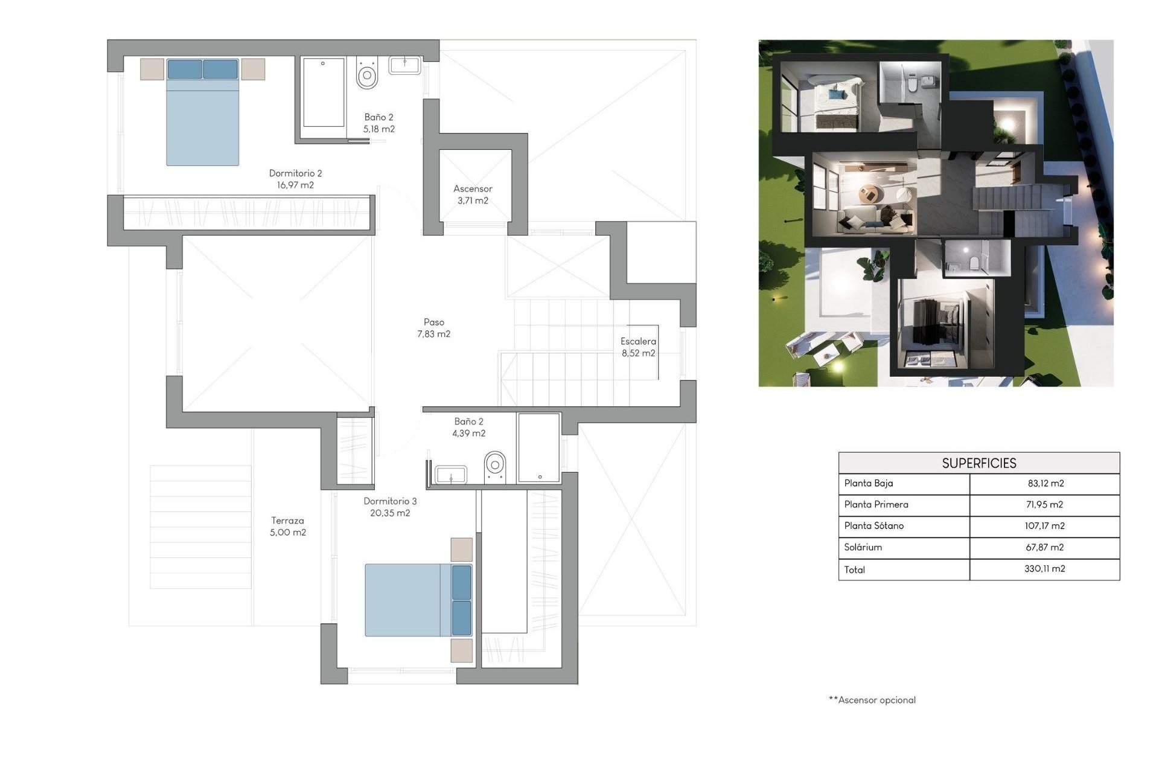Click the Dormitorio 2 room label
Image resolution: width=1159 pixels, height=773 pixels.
[x=295, y=179]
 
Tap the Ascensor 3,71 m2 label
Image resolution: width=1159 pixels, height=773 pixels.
[x=473, y=194]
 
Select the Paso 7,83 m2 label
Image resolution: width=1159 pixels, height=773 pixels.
[x=433, y=328]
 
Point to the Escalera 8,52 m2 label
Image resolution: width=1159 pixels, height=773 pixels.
[x=638, y=347]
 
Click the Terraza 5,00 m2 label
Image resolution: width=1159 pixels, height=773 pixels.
[x=287, y=526]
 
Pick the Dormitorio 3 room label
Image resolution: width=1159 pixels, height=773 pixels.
[x=390, y=507]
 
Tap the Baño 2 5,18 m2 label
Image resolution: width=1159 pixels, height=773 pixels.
[x=378, y=123]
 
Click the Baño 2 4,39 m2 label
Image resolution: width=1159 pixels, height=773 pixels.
[x=468, y=427]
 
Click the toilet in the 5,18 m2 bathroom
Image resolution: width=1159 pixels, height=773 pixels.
[x=366, y=74]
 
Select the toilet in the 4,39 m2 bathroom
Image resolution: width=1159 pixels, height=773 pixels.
[x=495, y=467]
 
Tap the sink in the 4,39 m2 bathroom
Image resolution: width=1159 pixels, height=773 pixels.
[x=450, y=475]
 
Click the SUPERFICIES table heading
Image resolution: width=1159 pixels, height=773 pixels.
[x=979, y=463]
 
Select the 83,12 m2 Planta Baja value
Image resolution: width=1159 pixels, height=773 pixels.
[x=1045, y=483]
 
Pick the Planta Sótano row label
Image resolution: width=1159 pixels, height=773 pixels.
[x=873, y=526]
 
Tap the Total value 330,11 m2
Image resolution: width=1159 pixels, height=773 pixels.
[x=1044, y=569]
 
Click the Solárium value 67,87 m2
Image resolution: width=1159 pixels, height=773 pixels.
[x=1044, y=547]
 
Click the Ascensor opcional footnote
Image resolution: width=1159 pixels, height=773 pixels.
[x=872, y=700]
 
